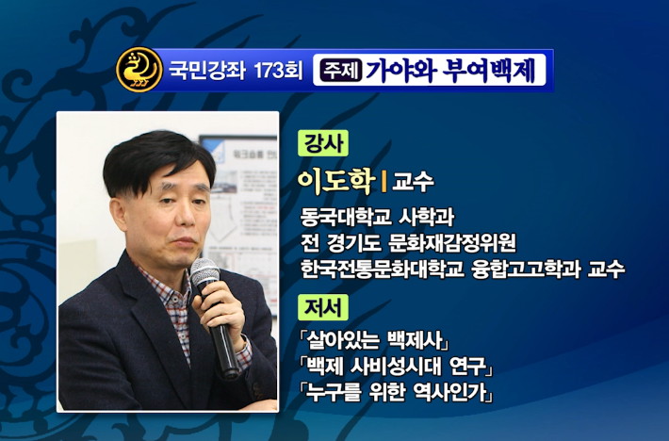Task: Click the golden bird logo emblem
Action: (x=139, y=70)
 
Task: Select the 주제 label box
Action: (x=342, y=70)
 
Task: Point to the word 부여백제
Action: (x=489, y=70)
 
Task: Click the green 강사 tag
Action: (x=323, y=143)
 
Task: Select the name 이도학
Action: (x=336, y=181)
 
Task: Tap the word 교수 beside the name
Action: (x=413, y=182)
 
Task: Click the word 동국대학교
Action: (x=346, y=217)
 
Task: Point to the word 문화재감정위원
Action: (x=452, y=243)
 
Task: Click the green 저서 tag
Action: (x=323, y=307)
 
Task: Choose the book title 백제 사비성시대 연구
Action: (x=396, y=366)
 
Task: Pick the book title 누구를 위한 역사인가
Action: (x=396, y=391)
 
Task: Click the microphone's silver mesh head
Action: (x=204, y=272)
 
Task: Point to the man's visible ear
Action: (x=117, y=212)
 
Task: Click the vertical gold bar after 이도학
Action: (x=383, y=182)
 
